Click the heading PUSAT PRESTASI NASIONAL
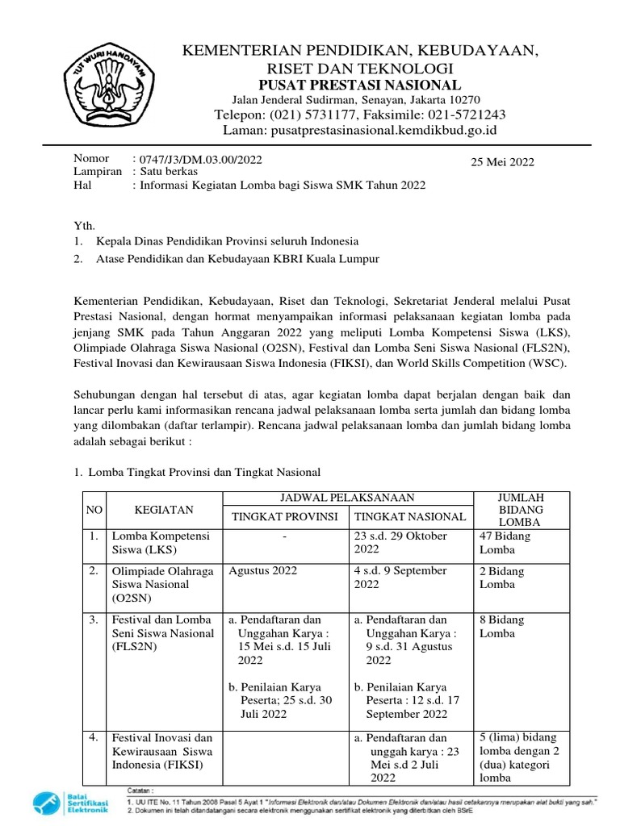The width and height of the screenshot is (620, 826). click(359, 86)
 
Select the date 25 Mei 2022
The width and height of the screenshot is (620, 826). click(502, 162)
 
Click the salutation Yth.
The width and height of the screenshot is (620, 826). click(84, 227)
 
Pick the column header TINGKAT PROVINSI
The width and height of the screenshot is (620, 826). click(284, 517)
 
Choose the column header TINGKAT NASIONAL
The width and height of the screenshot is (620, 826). click(410, 517)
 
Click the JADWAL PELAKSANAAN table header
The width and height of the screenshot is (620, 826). click(347, 498)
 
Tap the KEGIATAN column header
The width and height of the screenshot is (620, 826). click(164, 510)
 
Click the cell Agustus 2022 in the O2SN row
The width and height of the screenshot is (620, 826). click(263, 570)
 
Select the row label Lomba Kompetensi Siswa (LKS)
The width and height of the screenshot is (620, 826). click(160, 542)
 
